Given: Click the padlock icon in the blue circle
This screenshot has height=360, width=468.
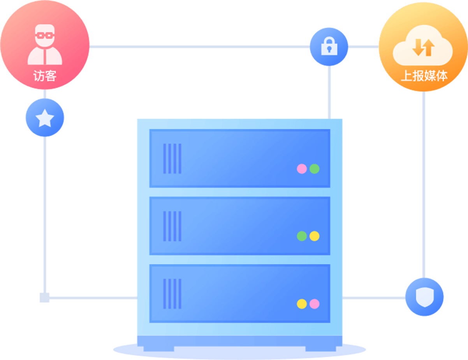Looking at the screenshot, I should [x=329, y=46].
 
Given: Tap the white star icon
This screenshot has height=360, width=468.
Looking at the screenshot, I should [x=45, y=118].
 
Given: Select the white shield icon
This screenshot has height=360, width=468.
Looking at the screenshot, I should [x=424, y=297].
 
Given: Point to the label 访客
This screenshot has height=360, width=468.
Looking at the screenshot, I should [x=45, y=76].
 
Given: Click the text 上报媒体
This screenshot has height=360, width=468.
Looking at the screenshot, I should [x=424, y=76].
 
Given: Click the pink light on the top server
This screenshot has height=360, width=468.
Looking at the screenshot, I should [x=302, y=169].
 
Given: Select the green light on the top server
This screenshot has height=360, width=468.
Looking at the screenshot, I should [x=314, y=169].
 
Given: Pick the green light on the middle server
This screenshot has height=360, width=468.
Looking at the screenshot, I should [x=302, y=236].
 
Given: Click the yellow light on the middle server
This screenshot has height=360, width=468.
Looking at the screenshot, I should [x=314, y=236].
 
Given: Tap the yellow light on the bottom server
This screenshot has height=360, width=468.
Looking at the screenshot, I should [x=302, y=304].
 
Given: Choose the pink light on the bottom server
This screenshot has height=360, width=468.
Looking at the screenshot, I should [x=314, y=304].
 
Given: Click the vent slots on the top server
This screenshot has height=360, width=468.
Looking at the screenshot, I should [x=172, y=159].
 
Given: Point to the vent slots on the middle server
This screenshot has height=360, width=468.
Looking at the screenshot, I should [x=172, y=226].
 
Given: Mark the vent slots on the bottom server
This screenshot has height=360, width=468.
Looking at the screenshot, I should [x=172, y=294].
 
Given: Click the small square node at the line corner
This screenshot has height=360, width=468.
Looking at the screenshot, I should [x=44, y=298].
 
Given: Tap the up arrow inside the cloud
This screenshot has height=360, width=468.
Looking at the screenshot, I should [x=428, y=48].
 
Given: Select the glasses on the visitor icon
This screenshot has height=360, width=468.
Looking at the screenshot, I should [x=45, y=35].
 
